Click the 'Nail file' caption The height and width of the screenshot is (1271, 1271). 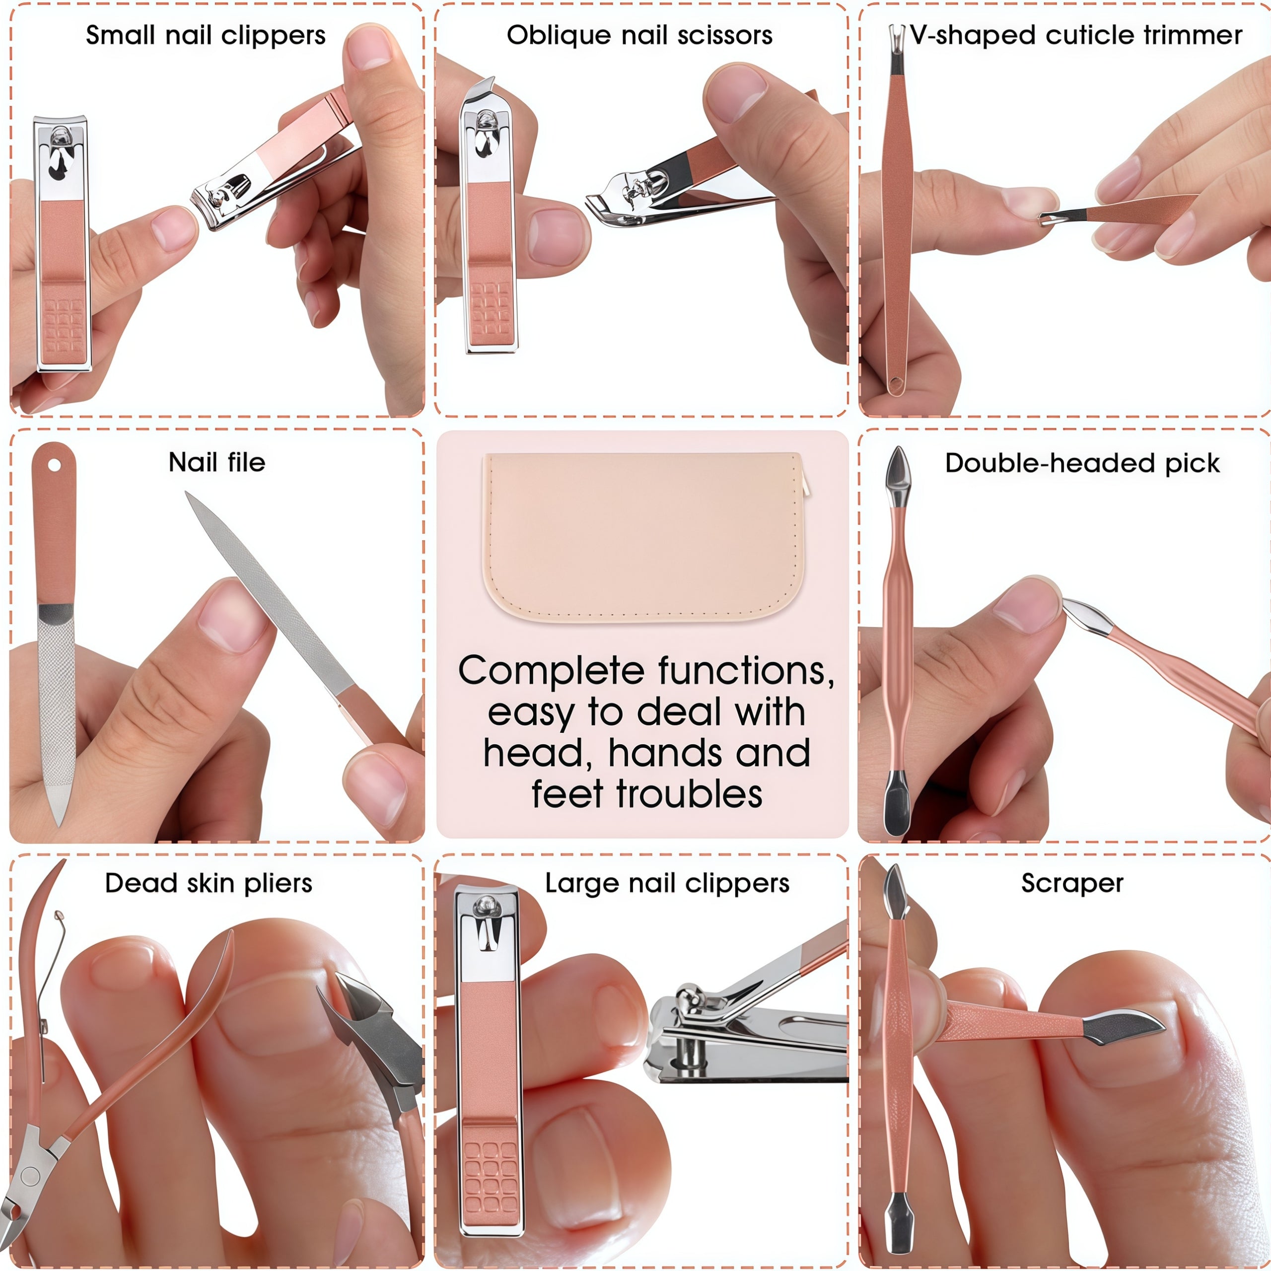click(216, 463)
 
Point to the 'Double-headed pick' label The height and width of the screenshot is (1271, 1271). click(1082, 463)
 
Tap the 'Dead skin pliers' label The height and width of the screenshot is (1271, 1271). click(208, 883)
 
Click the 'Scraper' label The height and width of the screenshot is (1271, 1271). click(1072, 883)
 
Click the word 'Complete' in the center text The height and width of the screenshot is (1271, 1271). click(551, 671)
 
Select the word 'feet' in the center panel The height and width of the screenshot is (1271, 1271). click(569, 794)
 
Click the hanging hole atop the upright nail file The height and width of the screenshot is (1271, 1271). click(54, 466)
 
